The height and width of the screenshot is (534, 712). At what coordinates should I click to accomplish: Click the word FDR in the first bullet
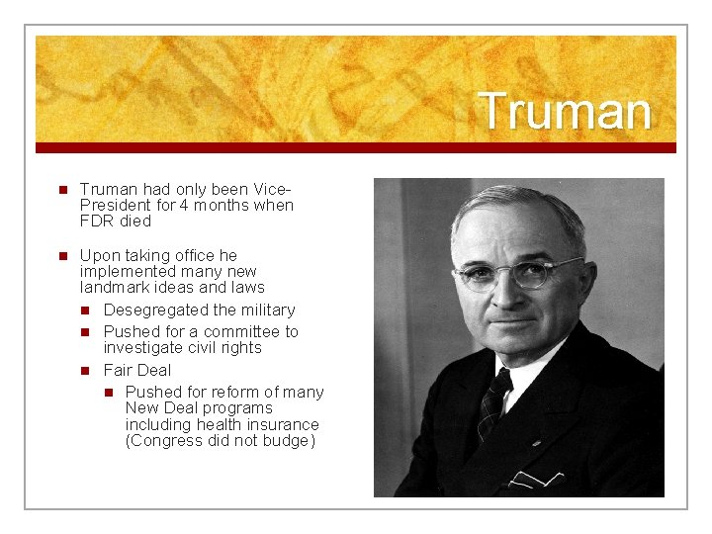(x=96, y=222)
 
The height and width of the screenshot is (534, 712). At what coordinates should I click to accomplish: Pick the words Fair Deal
(x=136, y=371)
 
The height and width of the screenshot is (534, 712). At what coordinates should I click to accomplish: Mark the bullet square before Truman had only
(x=61, y=190)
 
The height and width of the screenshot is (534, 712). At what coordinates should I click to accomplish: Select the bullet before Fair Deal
(x=86, y=371)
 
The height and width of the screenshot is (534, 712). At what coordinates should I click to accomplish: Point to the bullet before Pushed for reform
(x=108, y=393)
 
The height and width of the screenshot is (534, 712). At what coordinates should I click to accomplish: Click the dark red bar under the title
(x=356, y=147)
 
